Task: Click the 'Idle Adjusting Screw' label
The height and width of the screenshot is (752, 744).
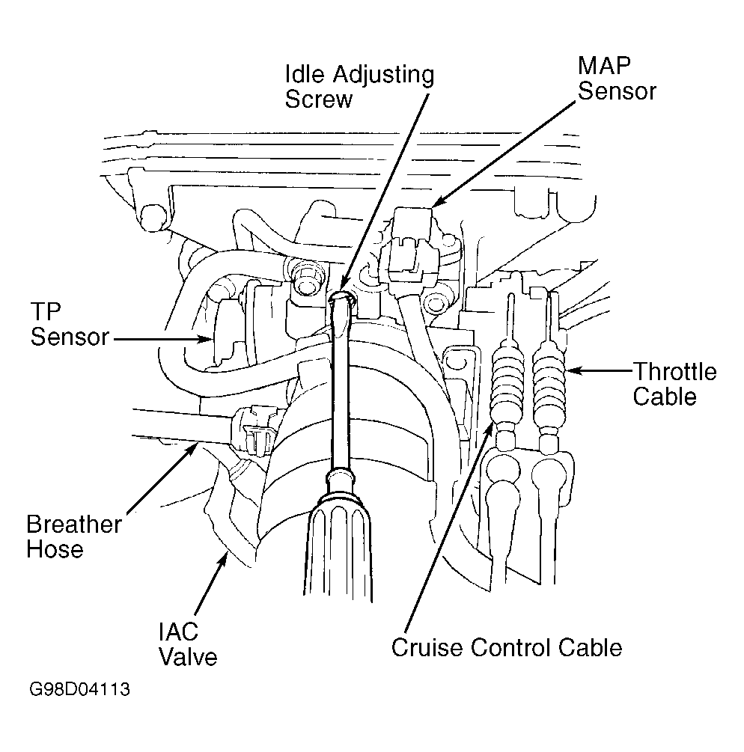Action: pos(360,87)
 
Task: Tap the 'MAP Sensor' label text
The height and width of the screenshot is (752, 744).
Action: pos(617,79)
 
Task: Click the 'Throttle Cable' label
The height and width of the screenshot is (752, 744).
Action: pos(674,384)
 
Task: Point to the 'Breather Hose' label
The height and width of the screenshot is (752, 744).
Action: pos(74,537)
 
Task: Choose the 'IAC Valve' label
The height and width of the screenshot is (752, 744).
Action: pos(188,644)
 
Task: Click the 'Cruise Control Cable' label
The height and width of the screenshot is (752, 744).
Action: pos(507,647)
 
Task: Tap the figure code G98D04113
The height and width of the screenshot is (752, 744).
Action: pos(79,689)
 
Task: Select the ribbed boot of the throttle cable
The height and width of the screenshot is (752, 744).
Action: pos(549,384)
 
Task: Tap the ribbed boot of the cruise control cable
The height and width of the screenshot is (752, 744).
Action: pos(507,384)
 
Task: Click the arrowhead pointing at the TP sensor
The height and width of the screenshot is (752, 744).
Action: pos(207,339)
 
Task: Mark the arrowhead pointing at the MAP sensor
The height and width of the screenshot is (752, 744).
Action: pos(437,202)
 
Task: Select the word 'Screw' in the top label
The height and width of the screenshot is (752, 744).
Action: pos(319,100)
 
